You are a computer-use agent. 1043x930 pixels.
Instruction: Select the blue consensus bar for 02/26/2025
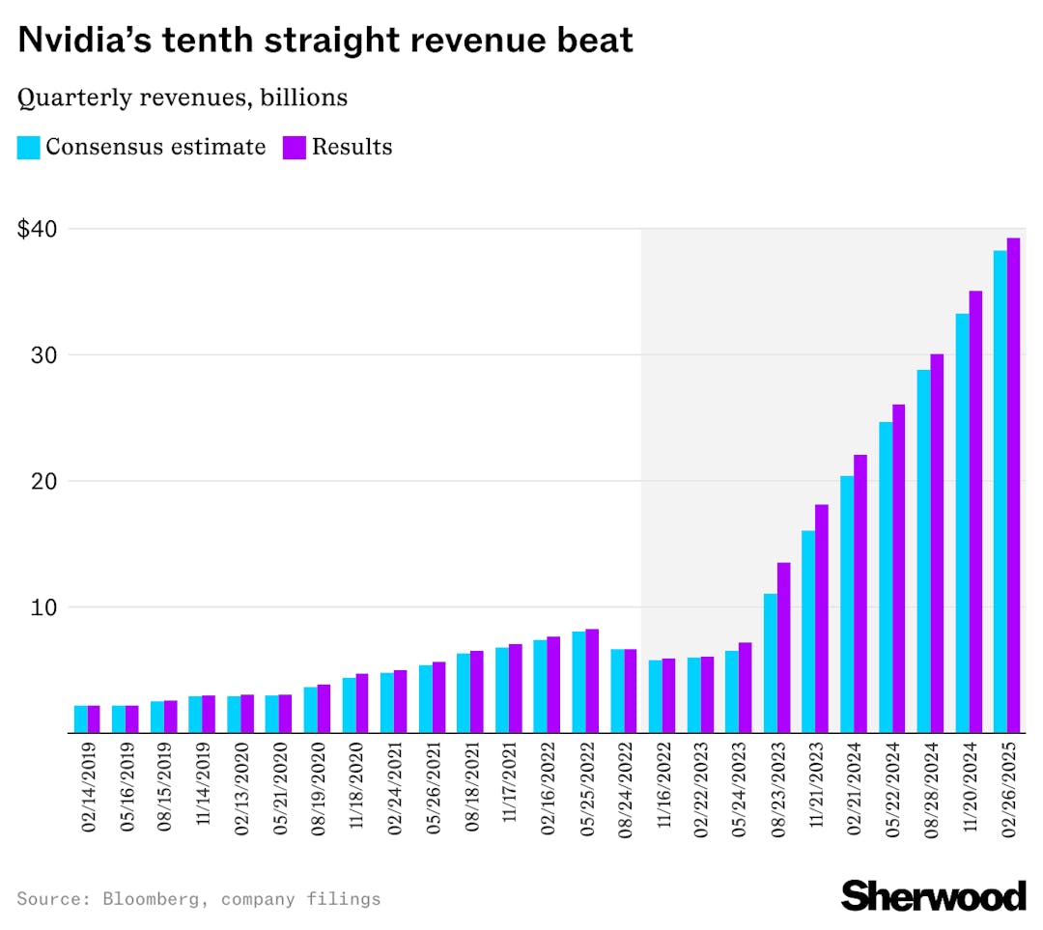coord(1000,492)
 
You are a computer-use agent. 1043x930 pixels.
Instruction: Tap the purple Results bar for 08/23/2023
coord(783,647)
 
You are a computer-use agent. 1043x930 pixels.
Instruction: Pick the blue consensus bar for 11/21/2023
coord(808,632)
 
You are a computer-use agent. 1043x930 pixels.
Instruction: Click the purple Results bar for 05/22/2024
coord(898,569)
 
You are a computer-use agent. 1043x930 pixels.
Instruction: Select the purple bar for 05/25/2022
coord(592,681)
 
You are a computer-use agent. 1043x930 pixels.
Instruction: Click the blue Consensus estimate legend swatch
coord(28,148)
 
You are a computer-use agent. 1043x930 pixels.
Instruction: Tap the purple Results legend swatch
coord(294,148)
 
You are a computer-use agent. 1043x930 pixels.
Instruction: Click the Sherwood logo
coord(933,894)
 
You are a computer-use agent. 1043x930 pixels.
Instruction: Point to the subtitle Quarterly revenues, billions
coord(183,98)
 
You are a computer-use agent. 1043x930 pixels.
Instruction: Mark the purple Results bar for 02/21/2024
coord(860,594)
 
